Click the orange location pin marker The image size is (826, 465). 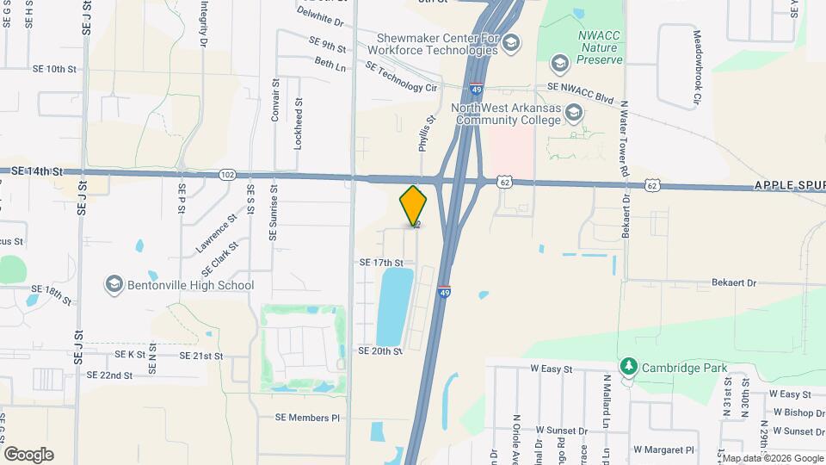coord(413,206)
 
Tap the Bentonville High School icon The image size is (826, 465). coord(114,284)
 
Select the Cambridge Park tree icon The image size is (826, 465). coord(630,368)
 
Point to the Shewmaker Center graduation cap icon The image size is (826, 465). coord(511,42)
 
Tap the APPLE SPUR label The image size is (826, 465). coord(789,185)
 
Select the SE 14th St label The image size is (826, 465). coord(39,171)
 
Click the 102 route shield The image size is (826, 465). coord(227,174)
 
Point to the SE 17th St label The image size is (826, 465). coord(381,262)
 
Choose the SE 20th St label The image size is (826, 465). coord(381,351)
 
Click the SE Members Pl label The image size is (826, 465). coord(308,418)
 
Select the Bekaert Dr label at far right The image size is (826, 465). coord(733,282)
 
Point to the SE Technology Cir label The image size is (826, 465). coord(402,77)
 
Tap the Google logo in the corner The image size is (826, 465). coord(28,454)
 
